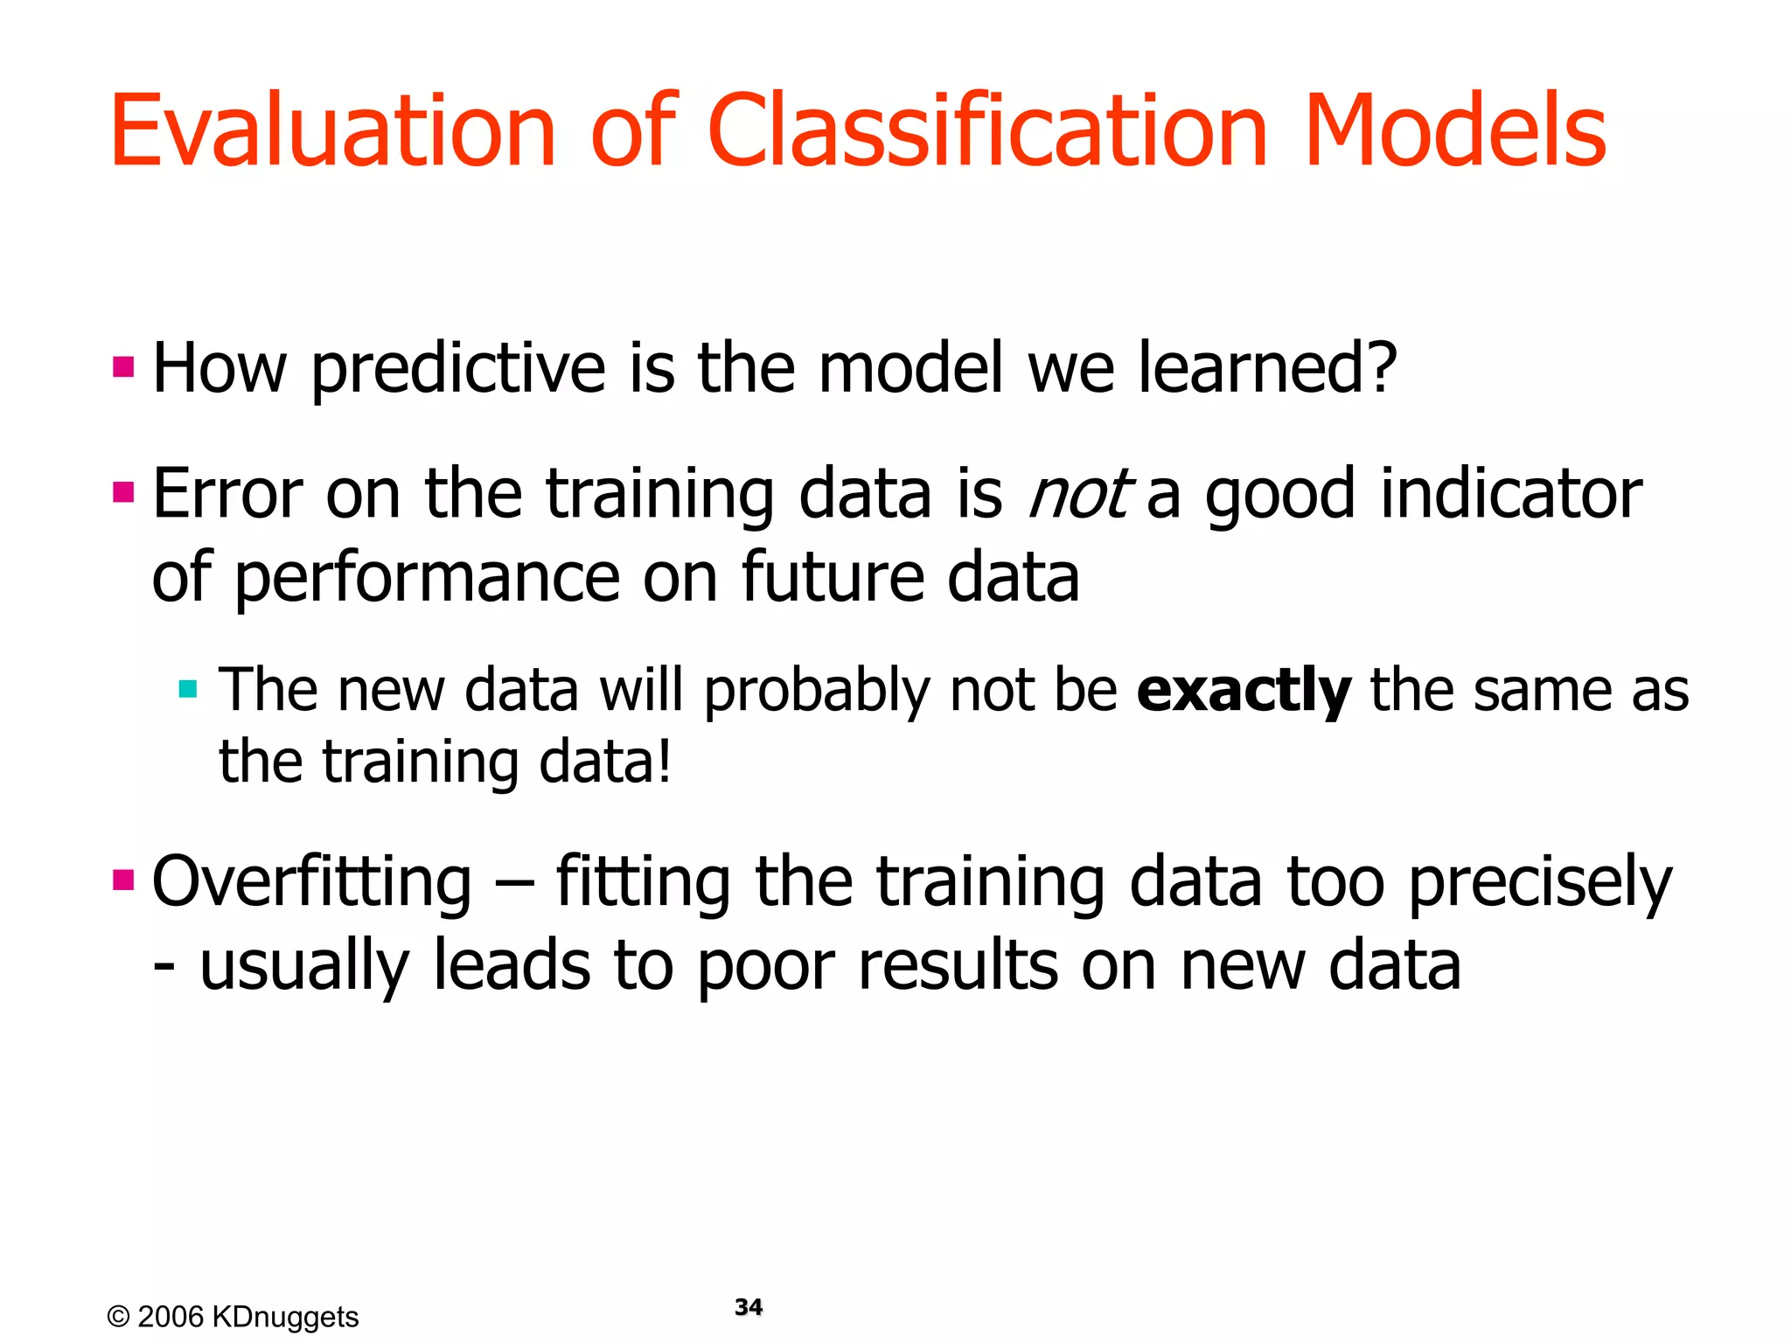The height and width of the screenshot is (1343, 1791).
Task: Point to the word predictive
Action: coord(458,369)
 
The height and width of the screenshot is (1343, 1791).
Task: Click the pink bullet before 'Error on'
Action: coord(123,492)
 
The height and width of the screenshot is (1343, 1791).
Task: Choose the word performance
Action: coord(428,579)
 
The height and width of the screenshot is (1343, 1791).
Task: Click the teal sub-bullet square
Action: coord(188,689)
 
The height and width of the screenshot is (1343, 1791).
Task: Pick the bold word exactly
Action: coord(1244,691)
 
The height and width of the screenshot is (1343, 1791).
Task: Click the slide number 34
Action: coord(749,1307)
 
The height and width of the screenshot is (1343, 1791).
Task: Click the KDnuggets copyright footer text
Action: coord(233,1317)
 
